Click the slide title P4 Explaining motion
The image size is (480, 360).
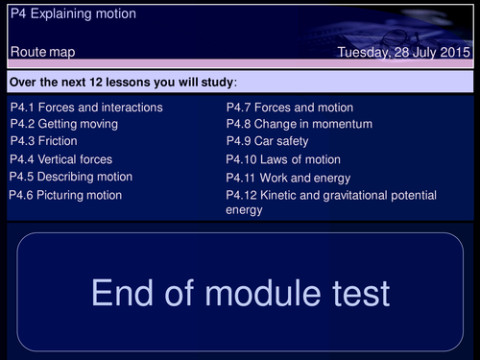(x=73, y=13)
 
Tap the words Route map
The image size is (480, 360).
(x=42, y=52)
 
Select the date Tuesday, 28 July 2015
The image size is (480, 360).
(x=404, y=52)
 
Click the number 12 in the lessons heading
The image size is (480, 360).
(x=96, y=83)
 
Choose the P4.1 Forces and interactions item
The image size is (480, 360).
(x=86, y=108)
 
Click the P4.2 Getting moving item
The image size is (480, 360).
(x=64, y=124)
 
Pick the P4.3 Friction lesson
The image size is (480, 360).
(x=44, y=141)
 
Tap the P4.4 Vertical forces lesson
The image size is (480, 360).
(x=61, y=159)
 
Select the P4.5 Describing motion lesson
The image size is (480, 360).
(x=71, y=177)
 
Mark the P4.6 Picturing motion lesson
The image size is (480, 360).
(x=65, y=195)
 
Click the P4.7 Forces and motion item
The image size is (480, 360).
(x=290, y=108)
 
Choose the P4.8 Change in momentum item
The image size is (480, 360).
(x=300, y=124)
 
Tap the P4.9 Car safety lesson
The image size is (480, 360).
(x=268, y=141)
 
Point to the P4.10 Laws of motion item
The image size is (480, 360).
(x=283, y=159)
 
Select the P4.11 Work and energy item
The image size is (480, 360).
(x=288, y=178)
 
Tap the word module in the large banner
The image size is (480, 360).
(x=263, y=293)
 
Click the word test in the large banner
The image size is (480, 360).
(x=361, y=293)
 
